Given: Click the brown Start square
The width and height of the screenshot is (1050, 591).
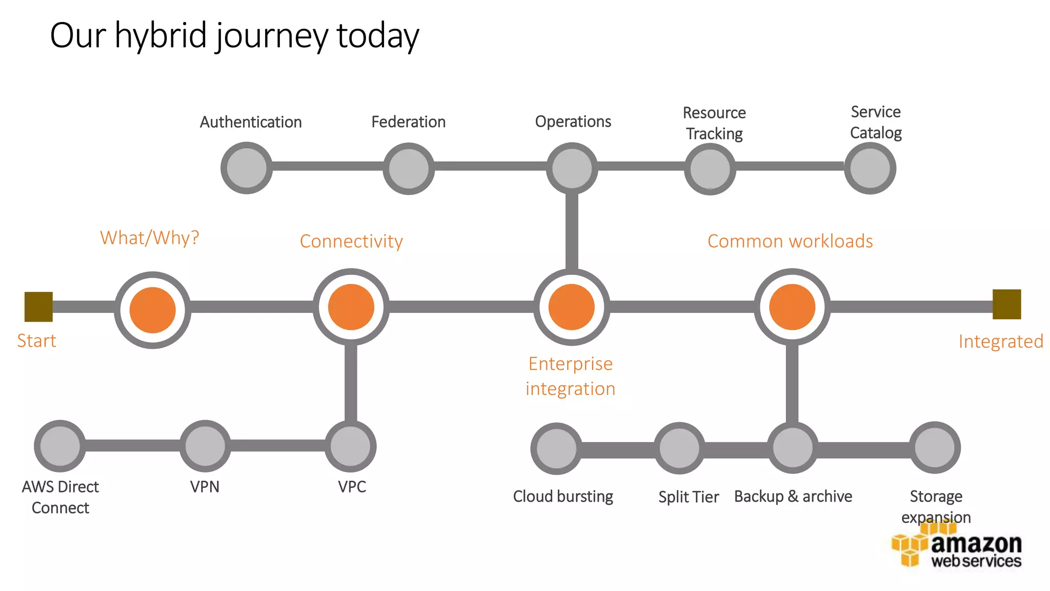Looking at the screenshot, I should click(x=38, y=307).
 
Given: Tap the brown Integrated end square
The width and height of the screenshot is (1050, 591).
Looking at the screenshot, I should click(x=1006, y=304).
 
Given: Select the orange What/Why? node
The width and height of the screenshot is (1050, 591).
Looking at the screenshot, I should click(x=153, y=310).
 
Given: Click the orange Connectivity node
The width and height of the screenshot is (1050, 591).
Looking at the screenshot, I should click(x=351, y=307).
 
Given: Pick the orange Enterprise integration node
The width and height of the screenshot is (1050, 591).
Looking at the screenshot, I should click(x=572, y=307).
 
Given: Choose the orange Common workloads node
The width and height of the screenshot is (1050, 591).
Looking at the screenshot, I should click(x=792, y=307).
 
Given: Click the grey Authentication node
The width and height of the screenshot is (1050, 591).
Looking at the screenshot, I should click(x=247, y=168).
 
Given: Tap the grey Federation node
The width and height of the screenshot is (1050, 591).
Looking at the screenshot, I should click(x=409, y=168).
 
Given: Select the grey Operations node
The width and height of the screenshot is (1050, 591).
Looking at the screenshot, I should click(x=572, y=168).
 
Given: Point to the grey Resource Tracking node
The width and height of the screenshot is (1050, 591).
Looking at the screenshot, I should click(x=710, y=168).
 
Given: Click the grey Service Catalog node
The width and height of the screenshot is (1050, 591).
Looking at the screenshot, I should click(x=870, y=168).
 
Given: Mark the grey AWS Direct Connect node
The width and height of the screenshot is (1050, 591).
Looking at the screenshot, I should click(x=60, y=446).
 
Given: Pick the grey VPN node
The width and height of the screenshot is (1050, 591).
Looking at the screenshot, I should click(x=205, y=446).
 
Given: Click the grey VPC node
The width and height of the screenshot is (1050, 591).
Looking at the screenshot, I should click(x=351, y=446).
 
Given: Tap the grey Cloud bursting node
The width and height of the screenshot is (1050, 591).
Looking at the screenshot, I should click(x=556, y=448).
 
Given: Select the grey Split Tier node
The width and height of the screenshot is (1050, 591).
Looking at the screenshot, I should click(x=679, y=448).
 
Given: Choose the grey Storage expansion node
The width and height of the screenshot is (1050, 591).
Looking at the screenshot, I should click(x=935, y=447).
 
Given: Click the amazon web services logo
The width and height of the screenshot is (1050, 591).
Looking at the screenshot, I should click(x=957, y=549).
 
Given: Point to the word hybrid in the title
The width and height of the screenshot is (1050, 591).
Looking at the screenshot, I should click(x=160, y=36).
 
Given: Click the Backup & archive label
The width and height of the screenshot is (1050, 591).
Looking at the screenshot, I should click(x=793, y=497).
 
